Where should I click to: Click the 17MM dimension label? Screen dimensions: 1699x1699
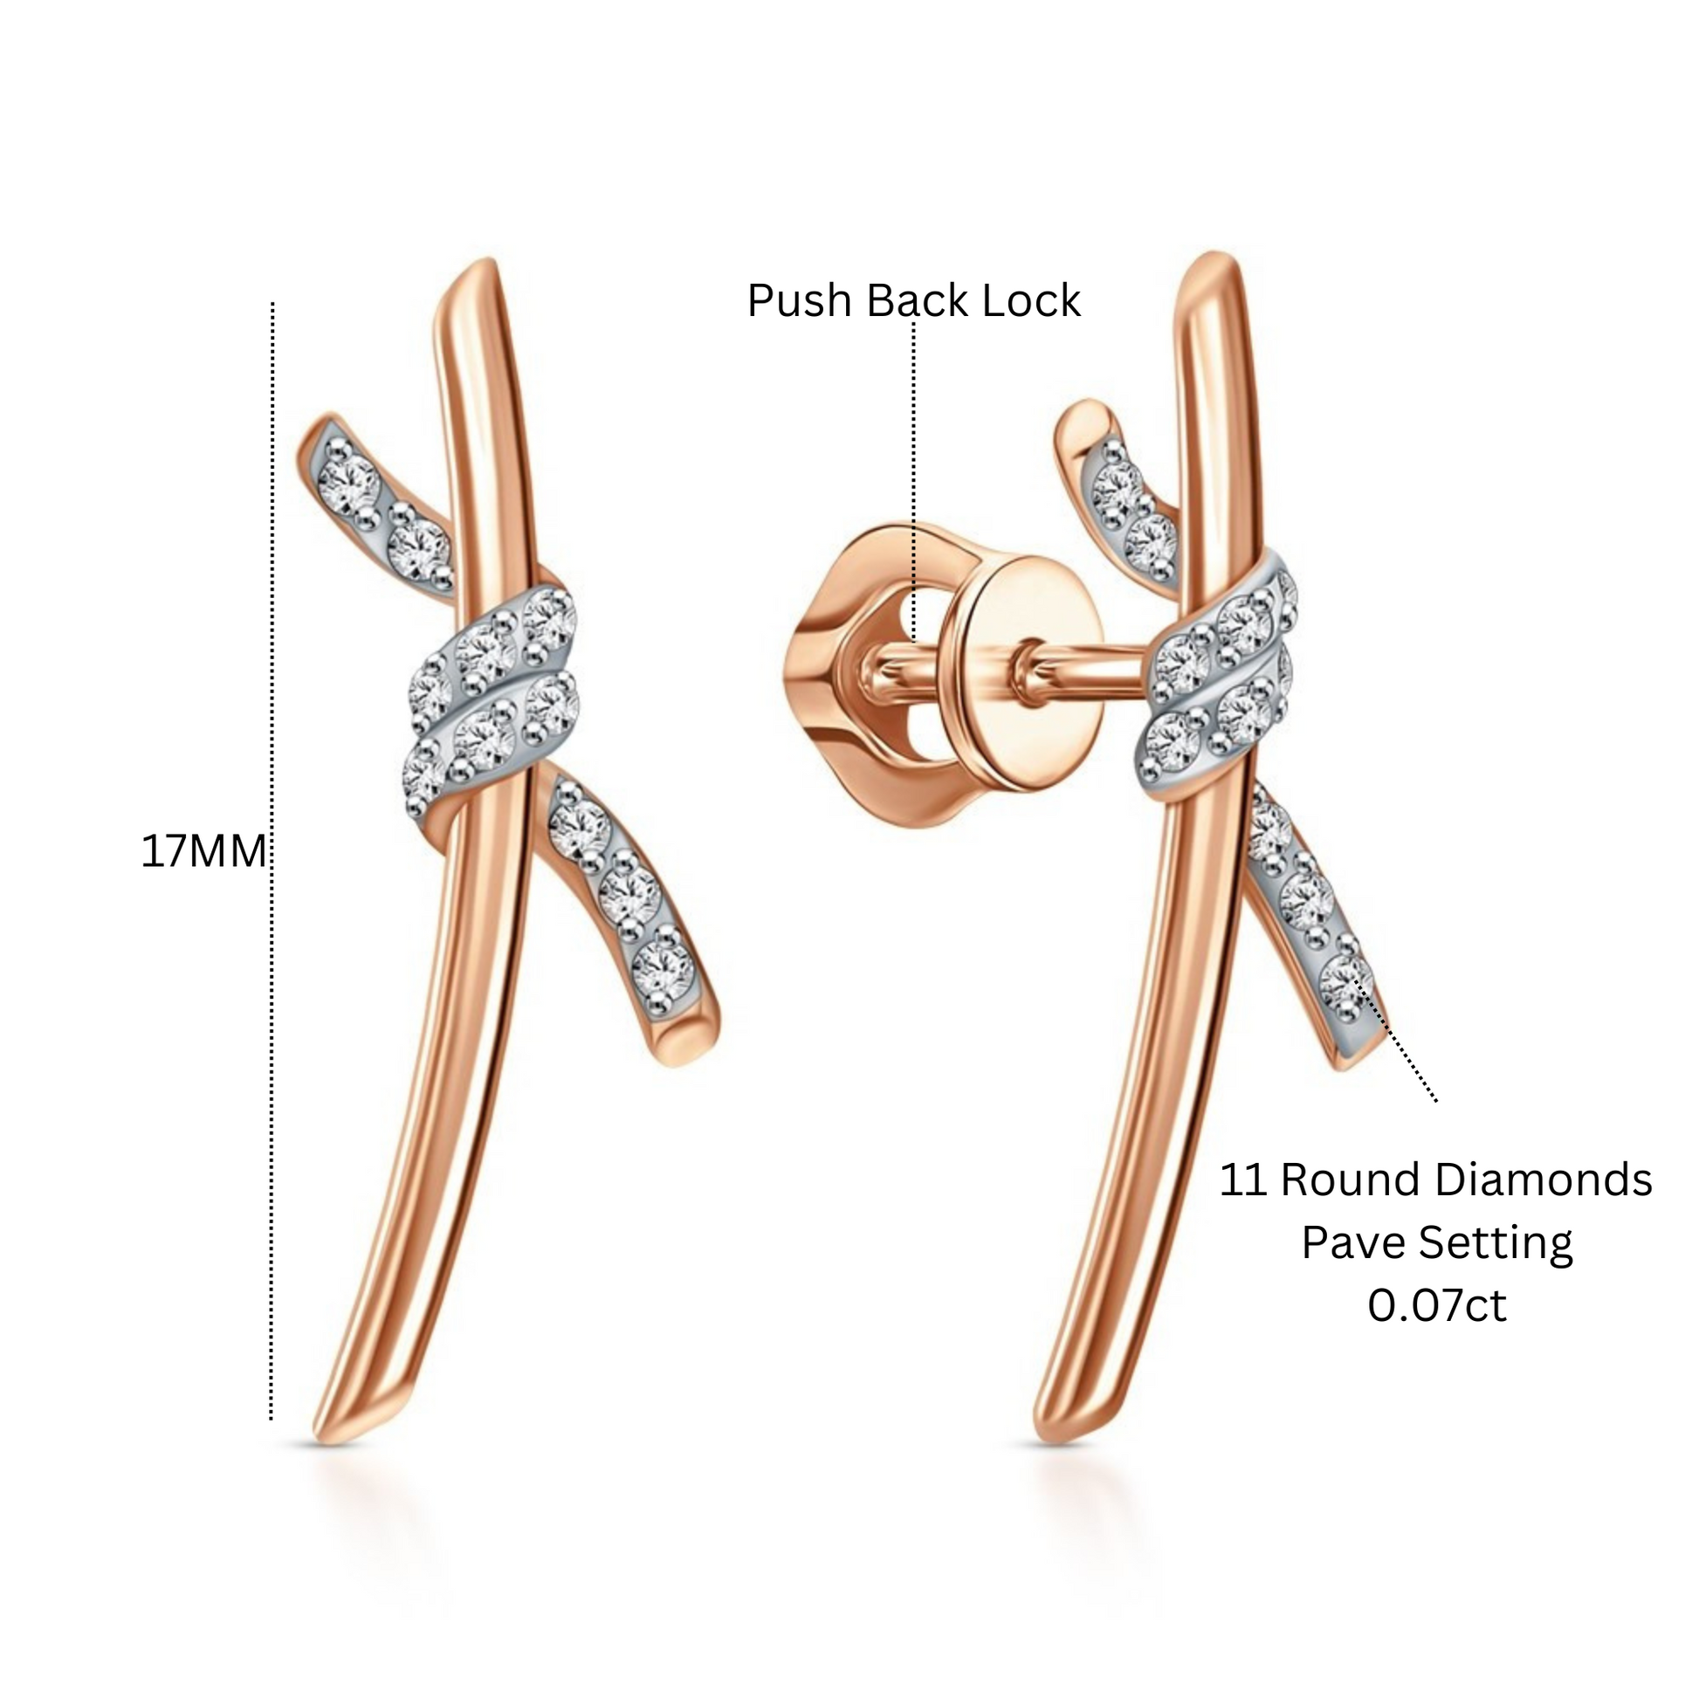click(x=203, y=851)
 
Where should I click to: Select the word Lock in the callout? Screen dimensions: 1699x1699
click(x=1030, y=300)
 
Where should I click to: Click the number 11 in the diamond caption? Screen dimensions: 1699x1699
click(x=1244, y=1180)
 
